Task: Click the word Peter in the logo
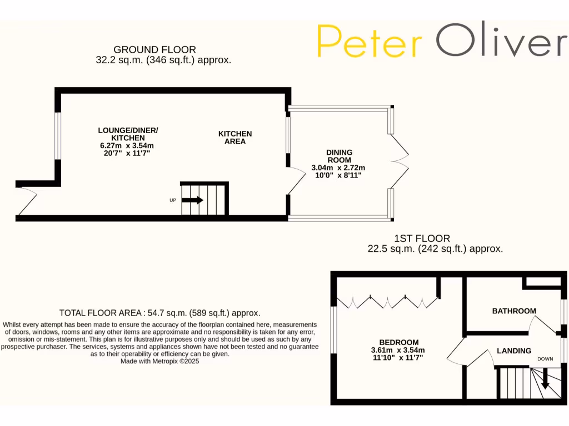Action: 370,41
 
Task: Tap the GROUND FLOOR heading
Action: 154,50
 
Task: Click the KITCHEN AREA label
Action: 235,138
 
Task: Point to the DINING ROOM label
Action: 339,156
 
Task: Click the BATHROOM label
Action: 514,311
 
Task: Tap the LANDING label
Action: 514,351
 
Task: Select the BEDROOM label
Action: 399,342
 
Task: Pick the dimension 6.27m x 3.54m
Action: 128,145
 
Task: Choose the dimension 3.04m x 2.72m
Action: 339,168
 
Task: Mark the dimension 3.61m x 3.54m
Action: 398,350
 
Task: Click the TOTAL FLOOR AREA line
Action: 160,313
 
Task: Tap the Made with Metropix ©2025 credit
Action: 159,361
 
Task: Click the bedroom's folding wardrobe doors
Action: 388,301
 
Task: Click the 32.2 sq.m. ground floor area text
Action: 163,60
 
